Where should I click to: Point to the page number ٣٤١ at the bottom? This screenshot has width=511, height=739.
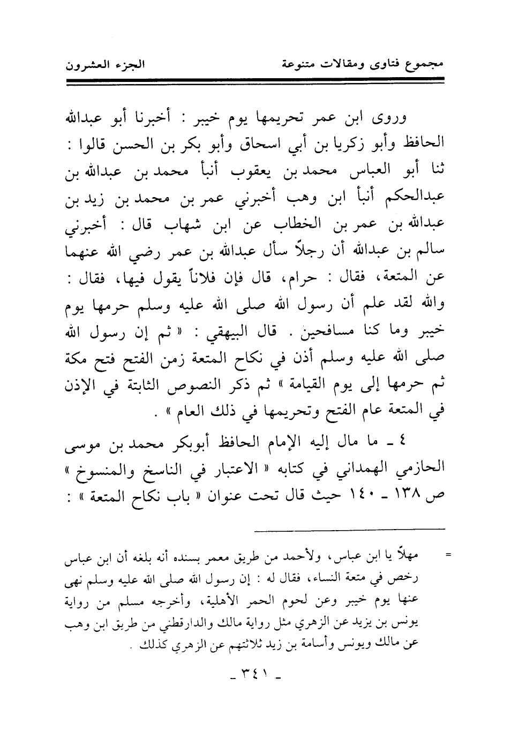(x=255, y=676)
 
